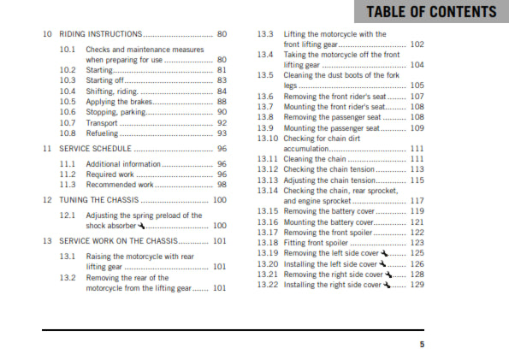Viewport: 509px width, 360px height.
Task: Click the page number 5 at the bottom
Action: pos(422,344)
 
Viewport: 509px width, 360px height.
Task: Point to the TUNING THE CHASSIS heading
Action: pos(98,199)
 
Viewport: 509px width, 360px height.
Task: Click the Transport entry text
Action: pos(104,122)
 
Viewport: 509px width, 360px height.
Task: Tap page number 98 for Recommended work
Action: pos(222,184)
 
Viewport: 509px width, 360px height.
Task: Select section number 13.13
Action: pos(268,180)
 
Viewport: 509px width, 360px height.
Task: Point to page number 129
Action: pos(417,285)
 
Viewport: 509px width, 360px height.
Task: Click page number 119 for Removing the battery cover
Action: pos(417,210)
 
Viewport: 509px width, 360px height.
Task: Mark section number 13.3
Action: pos(265,34)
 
